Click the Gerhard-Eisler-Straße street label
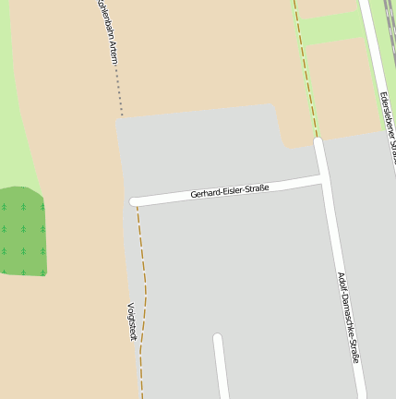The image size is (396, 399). point(229,190)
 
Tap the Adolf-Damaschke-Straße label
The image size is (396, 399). point(347,317)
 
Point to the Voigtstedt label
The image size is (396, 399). point(131,321)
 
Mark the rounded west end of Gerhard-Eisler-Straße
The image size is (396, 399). point(135,201)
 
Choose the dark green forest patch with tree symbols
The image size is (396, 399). point(22,231)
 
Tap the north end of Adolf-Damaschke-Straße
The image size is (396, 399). point(318,143)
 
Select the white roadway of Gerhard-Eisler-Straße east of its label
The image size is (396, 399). point(295,180)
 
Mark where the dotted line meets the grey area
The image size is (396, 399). point(119,116)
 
